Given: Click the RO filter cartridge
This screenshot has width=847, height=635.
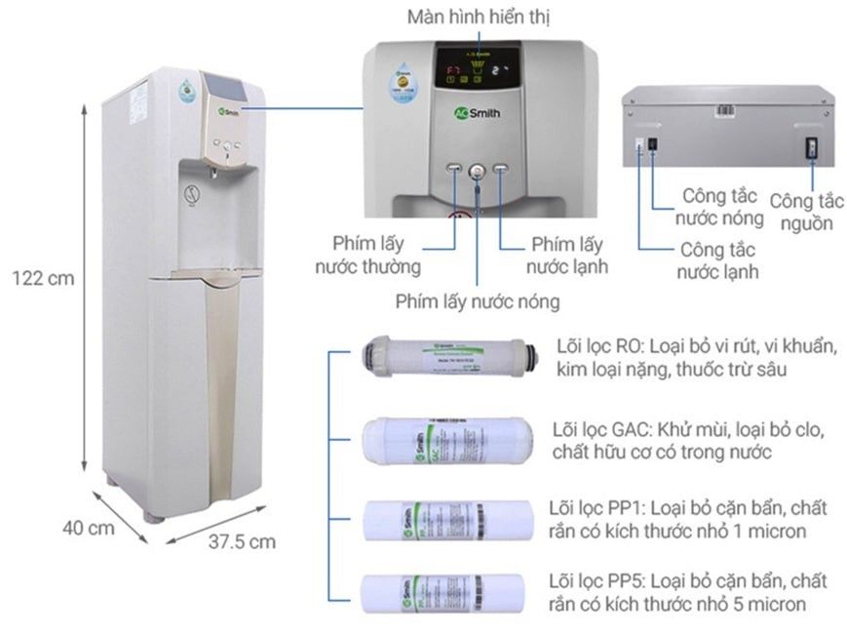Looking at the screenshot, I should tap(445, 357).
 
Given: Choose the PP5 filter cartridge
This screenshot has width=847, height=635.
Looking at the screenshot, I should tap(445, 592).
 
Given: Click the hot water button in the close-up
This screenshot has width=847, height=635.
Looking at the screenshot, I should tap(477, 172).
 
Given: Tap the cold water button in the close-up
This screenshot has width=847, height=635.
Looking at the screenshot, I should tap(501, 171).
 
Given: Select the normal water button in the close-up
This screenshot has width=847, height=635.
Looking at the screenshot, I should tap(453, 171).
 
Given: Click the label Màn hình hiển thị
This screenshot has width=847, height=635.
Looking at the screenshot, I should tap(478, 18).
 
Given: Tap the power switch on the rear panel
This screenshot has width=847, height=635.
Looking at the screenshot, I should tap(809, 148).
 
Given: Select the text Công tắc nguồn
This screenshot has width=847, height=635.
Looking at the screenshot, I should tap(805, 212).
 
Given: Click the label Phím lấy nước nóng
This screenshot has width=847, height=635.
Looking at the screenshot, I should tap(478, 301).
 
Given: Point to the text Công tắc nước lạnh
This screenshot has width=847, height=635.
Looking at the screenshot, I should tap(718, 260).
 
